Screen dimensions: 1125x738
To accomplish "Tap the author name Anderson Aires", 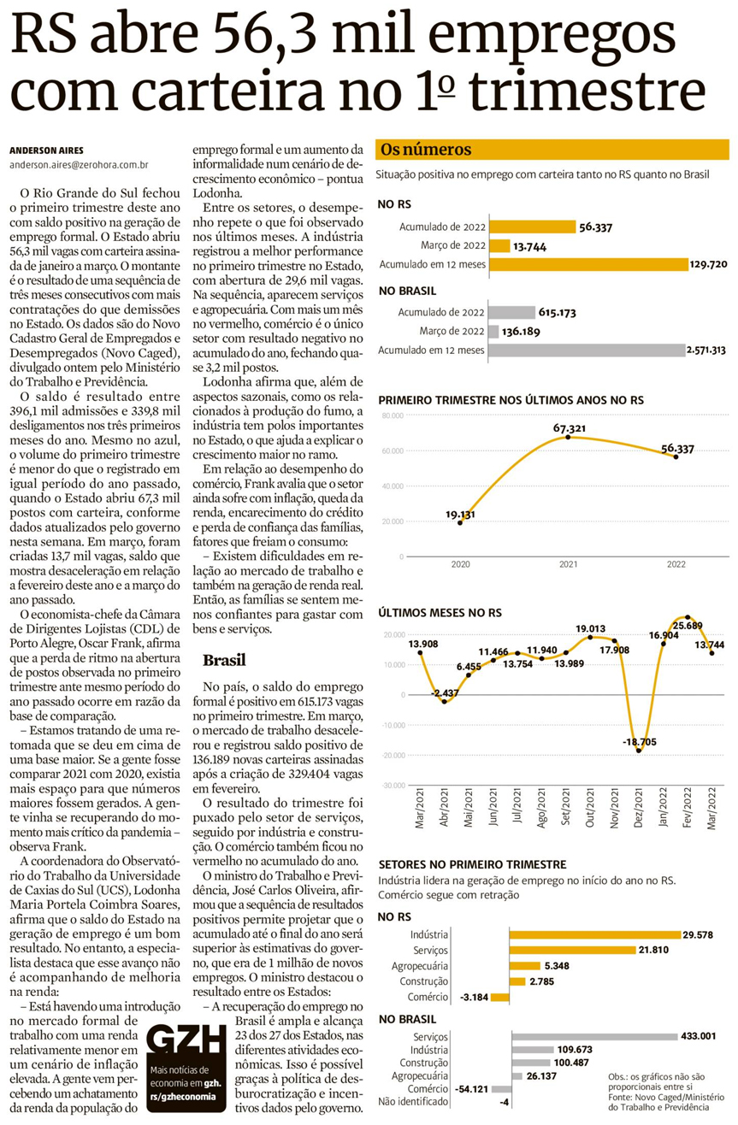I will [46, 150].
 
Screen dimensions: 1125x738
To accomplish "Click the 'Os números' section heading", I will [426, 150].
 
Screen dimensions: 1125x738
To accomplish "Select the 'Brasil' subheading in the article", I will [224, 660].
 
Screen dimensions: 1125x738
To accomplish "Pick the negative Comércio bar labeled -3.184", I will [500, 997].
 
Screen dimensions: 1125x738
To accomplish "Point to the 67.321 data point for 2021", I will [568, 437].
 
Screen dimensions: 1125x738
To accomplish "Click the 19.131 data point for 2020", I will [461, 522].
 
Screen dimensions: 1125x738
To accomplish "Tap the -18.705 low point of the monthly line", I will [639, 750].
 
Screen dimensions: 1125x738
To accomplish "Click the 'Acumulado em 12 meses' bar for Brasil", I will [586, 350].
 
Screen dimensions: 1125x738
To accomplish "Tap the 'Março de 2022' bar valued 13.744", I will [500, 245].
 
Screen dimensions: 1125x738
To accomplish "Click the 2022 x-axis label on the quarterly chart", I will [676, 565].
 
